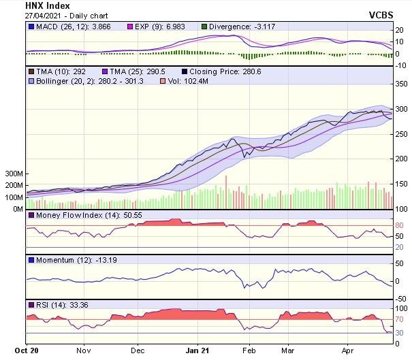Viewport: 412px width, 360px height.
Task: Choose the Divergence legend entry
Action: point(245,27)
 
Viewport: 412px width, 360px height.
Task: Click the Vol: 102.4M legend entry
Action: point(185,81)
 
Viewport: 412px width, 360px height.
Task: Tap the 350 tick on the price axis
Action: point(401,84)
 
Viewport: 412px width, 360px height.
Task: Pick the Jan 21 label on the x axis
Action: point(197,351)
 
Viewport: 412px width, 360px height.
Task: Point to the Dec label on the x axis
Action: point(138,351)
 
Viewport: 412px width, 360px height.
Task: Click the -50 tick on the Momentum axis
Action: point(400,299)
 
